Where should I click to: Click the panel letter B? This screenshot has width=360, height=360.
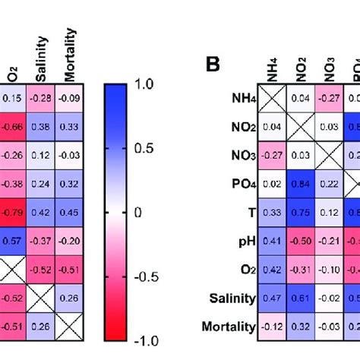click(x=214, y=65)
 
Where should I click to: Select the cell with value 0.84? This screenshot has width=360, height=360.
click(x=299, y=183)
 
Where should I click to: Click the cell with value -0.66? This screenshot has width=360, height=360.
click(x=12, y=126)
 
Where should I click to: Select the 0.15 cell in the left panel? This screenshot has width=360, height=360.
click(x=12, y=97)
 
